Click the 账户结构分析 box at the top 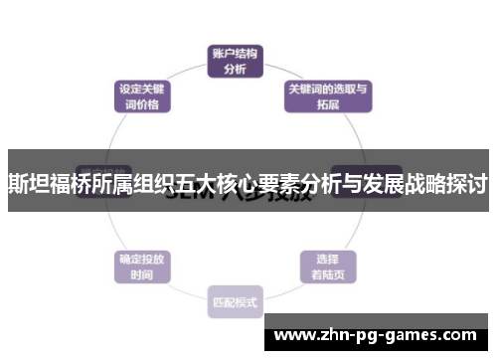pos(236,62)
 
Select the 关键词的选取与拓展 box pos(328,95)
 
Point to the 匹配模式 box pos(236,301)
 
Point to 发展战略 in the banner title pos(405,185)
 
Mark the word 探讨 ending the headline pos(466,185)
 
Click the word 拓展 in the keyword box pos(328,103)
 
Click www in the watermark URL pos(296,335)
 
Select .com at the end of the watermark pos(452,335)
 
